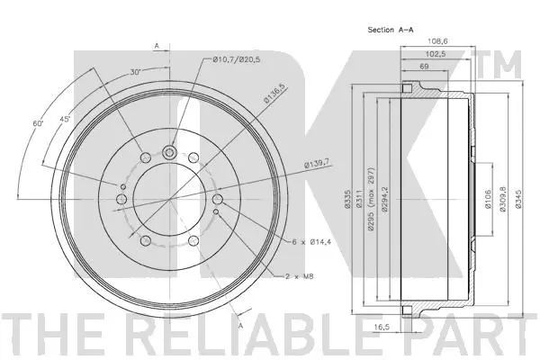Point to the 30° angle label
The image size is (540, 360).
pos(135,72)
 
